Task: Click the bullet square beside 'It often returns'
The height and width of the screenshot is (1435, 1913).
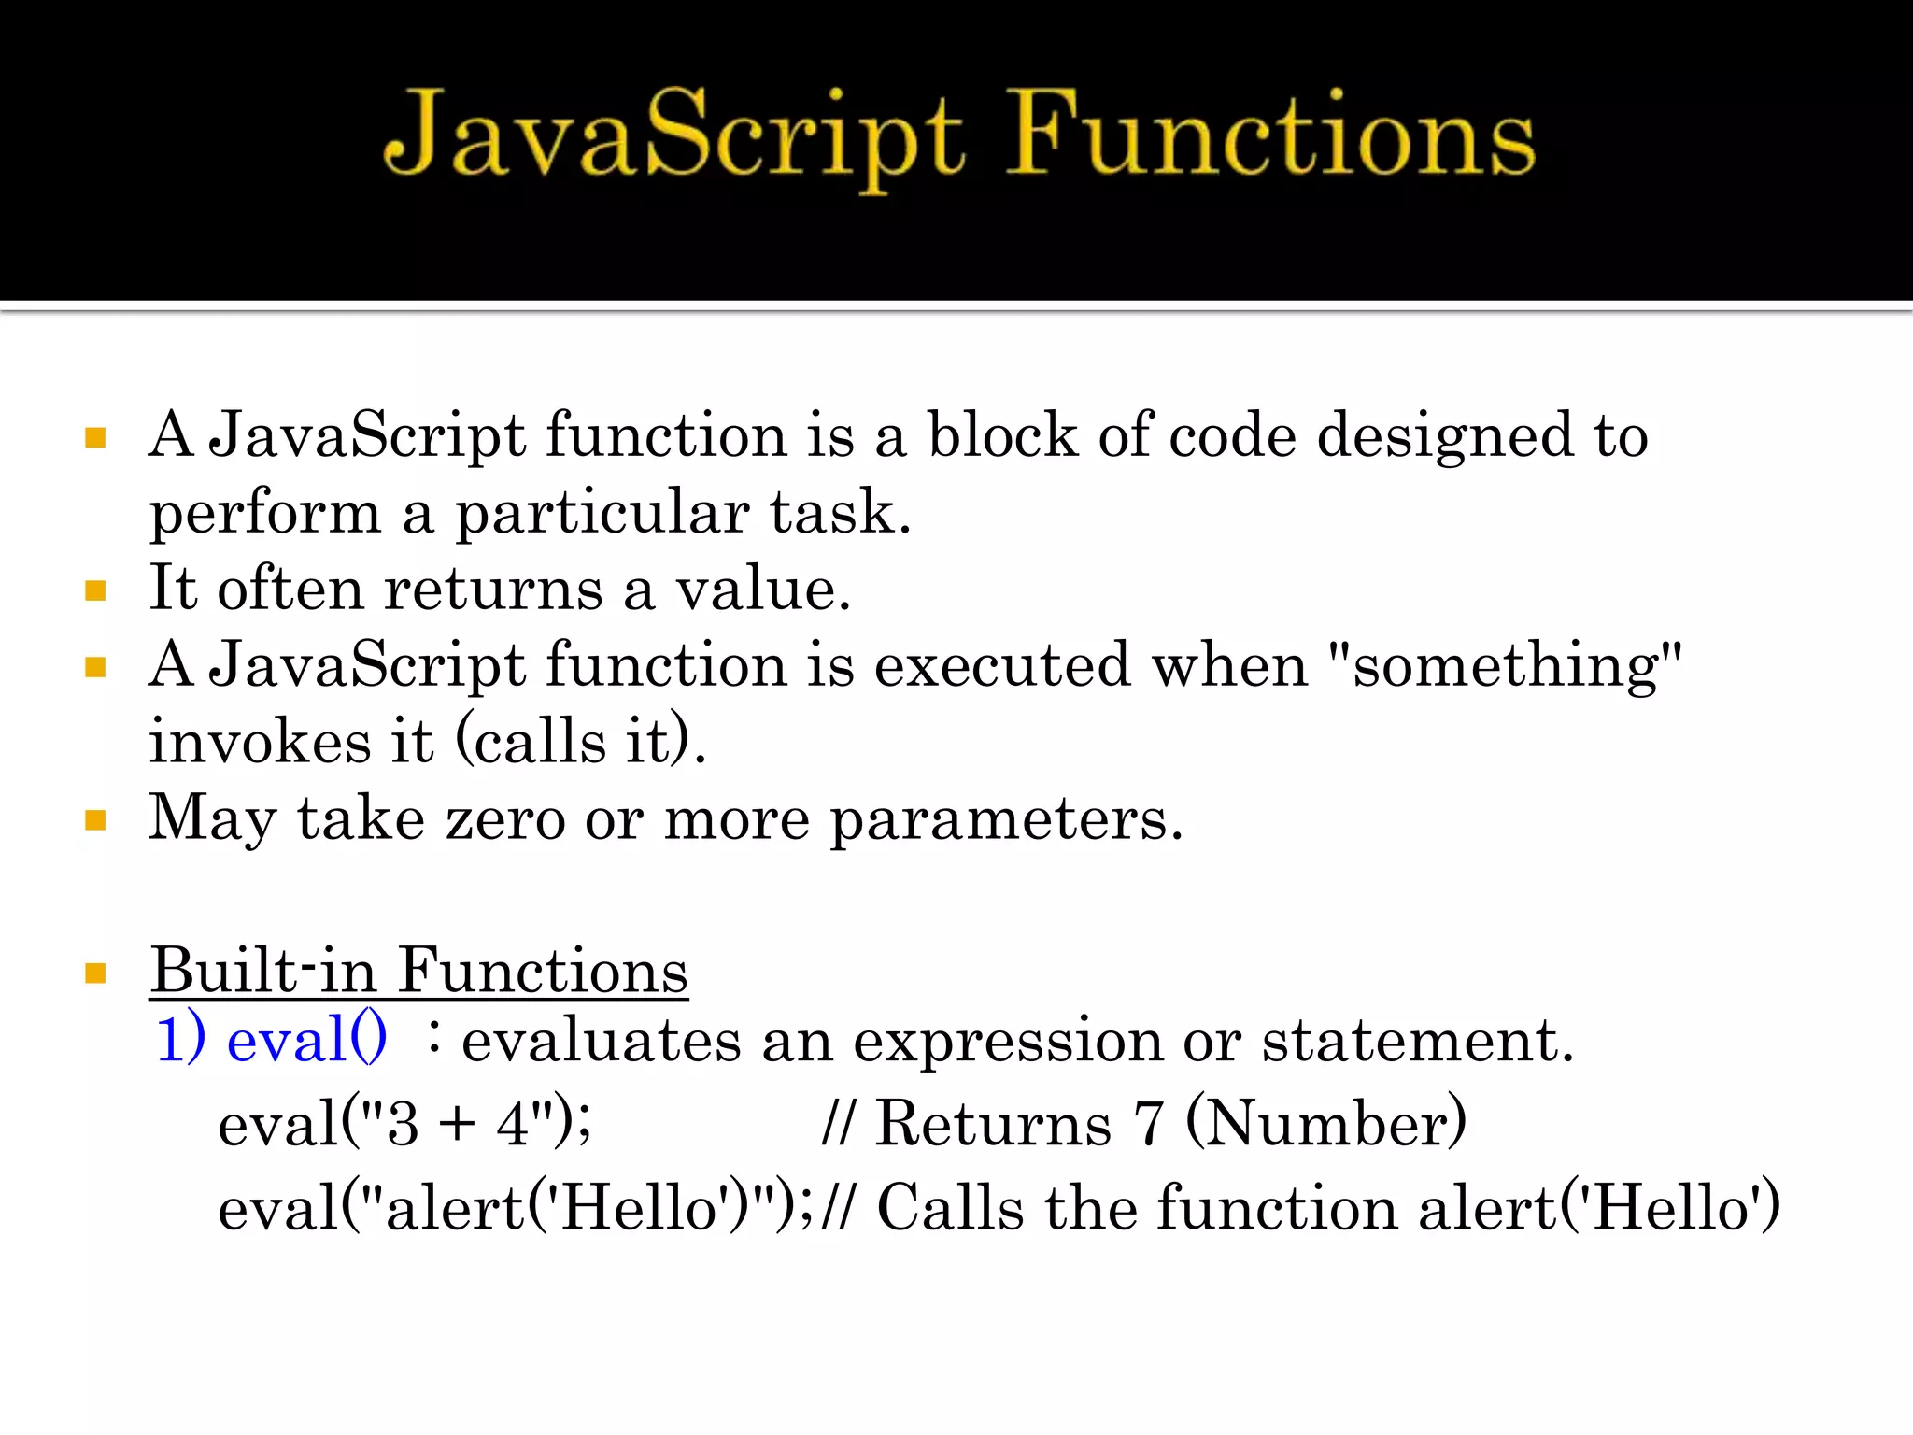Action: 95,590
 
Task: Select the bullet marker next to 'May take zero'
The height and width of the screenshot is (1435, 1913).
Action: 95,820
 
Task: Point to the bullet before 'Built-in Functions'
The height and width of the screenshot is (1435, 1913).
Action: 95,973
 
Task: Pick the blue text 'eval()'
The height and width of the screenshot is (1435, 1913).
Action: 306,1039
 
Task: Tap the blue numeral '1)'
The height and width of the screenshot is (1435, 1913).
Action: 180,1039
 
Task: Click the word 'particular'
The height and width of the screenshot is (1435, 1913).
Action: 602,514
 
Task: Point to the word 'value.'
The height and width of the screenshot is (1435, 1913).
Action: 763,589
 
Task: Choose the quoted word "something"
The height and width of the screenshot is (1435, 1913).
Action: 1504,667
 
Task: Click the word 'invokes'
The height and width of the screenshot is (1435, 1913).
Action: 261,742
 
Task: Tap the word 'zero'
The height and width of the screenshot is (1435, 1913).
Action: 505,818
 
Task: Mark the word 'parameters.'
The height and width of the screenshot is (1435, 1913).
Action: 1007,820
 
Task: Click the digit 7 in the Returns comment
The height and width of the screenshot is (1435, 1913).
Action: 1148,1123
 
